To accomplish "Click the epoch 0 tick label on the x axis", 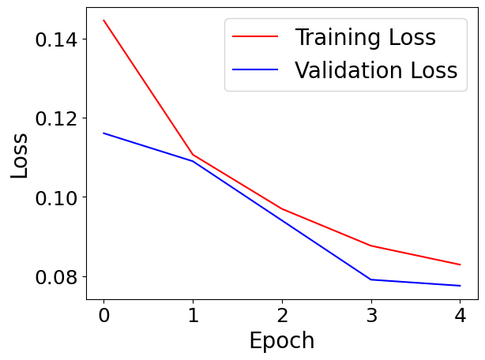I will (103, 316).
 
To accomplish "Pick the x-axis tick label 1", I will (193, 316).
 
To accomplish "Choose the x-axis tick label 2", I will (282, 316).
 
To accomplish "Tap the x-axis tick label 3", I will (371, 316).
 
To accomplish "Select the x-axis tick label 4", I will (461, 316).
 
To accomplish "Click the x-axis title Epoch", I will (281, 341).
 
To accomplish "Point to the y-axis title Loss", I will (20, 155).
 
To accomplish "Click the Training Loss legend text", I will (365, 37).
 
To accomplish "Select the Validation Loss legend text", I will (376, 70).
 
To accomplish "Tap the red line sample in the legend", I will (255, 37).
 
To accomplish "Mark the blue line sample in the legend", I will (255, 70).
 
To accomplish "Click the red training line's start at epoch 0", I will (103, 21).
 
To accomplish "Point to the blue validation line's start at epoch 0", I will (103, 133).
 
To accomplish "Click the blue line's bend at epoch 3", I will (371, 279).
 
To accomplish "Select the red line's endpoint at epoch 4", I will (461, 264).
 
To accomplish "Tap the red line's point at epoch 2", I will (282, 209).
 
